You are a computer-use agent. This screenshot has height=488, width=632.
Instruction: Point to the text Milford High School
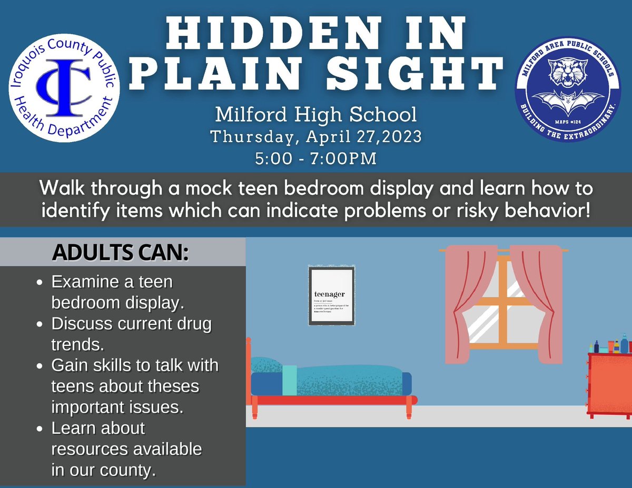pyautogui.click(x=317, y=114)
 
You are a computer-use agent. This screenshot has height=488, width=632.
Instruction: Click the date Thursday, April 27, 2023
pyautogui.click(x=316, y=136)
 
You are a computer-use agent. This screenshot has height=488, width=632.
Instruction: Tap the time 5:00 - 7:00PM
pyautogui.click(x=317, y=157)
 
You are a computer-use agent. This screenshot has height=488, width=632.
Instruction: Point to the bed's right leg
pyautogui.click(x=409, y=410)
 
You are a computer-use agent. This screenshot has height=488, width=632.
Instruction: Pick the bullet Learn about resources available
pyautogui.click(x=126, y=449)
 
